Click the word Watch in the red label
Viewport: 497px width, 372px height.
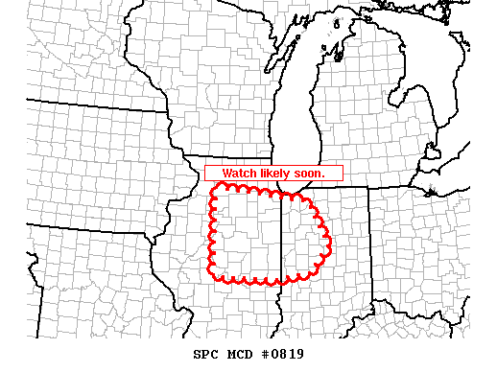pos(240,174)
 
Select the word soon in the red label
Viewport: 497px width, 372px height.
pos(310,174)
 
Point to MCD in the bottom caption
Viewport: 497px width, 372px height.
pos(239,354)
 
